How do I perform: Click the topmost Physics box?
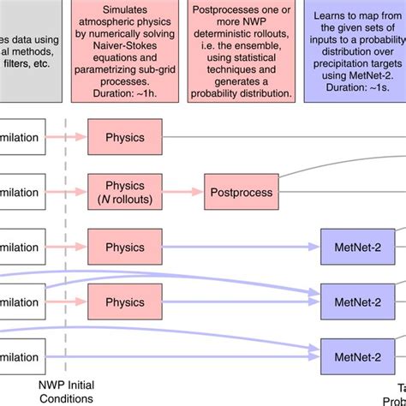tap(124, 137)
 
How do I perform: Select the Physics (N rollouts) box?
tap(124, 193)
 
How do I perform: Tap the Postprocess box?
tap(240, 193)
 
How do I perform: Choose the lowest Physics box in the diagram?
tap(124, 302)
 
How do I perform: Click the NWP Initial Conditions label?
tap(65, 391)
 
